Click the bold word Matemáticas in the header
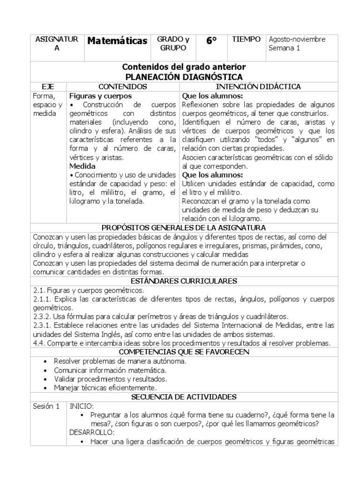point(117,41)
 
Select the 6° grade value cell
point(211,41)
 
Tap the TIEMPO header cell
point(246,39)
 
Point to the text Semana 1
point(284,48)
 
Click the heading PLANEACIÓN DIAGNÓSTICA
point(184,77)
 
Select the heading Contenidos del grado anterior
point(184,67)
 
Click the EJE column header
point(48,87)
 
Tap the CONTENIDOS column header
point(123,87)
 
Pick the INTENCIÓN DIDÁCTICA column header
point(258,87)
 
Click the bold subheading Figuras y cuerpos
point(97,96)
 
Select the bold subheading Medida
point(82,166)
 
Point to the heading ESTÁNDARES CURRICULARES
point(184,281)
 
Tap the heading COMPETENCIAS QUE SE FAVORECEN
point(184,352)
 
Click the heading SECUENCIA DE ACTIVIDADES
point(184,397)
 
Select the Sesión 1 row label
point(46,406)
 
